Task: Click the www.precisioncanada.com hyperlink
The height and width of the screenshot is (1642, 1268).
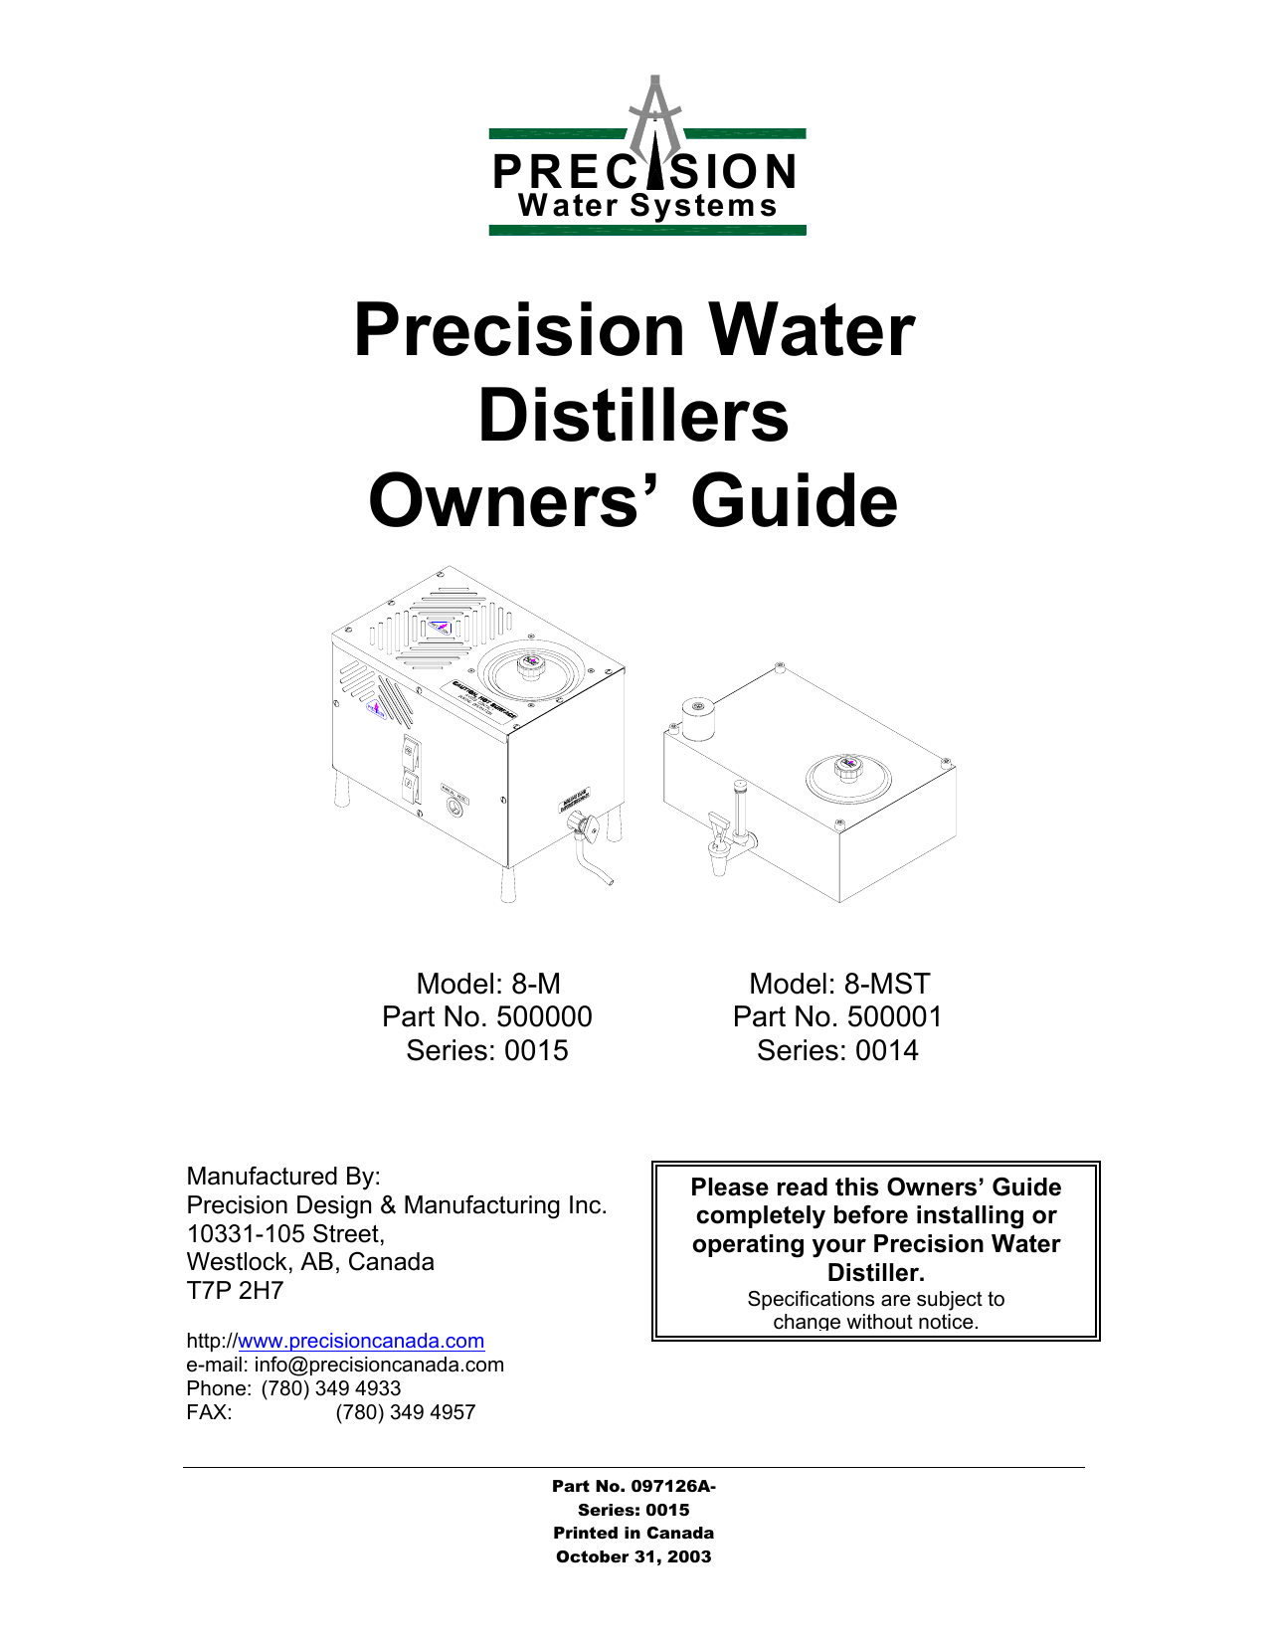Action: [x=361, y=1341]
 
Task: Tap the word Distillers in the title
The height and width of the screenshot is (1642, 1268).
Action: [x=634, y=415]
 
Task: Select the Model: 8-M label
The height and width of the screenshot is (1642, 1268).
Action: [x=488, y=984]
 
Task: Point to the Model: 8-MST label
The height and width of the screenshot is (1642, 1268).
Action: [x=839, y=984]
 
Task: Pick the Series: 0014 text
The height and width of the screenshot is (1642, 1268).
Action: [x=837, y=1050]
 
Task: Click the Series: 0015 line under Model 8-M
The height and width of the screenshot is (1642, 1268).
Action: [x=487, y=1050]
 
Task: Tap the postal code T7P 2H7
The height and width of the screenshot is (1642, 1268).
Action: [x=236, y=1291]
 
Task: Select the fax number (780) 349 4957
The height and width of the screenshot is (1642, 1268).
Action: [x=406, y=1412]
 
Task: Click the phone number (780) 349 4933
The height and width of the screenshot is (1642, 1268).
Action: [x=331, y=1388]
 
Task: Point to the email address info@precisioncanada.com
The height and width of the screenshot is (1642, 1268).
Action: [x=379, y=1365]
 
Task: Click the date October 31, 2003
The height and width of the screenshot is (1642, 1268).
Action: [x=634, y=1557]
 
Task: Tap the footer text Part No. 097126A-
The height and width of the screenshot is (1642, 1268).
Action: [x=634, y=1486]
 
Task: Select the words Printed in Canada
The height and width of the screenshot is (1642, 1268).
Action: [x=634, y=1534]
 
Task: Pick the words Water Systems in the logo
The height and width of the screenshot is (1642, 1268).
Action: [x=647, y=206]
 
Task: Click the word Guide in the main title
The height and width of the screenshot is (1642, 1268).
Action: [x=794, y=500]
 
